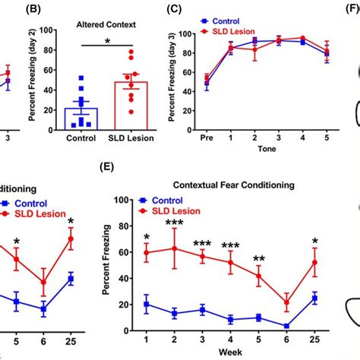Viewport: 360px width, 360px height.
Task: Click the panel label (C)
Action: pos(175,10)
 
